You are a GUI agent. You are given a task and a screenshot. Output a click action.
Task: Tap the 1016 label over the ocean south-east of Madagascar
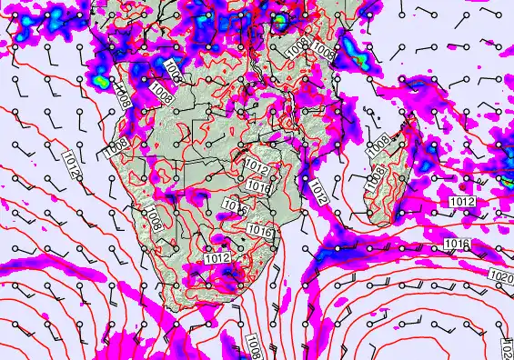pyautogui.click(x=455, y=244)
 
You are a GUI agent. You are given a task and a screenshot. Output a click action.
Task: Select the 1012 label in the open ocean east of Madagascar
pyautogui.click(x=462, y=201)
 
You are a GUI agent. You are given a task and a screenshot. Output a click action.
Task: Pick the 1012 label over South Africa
pyautogui.click(x=217, y=258)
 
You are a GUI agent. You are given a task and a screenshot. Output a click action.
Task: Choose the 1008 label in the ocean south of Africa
pyautogui.click(x=253, y=343)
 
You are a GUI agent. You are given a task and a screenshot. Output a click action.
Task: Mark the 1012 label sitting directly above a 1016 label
pyautogui.click(x=256, y=165)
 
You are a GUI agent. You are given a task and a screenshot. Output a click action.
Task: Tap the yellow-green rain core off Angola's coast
pyautogui.click(x=100, y=80)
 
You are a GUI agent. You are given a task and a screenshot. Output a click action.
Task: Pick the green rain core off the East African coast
pyautogui.click(x=359, y=61)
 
